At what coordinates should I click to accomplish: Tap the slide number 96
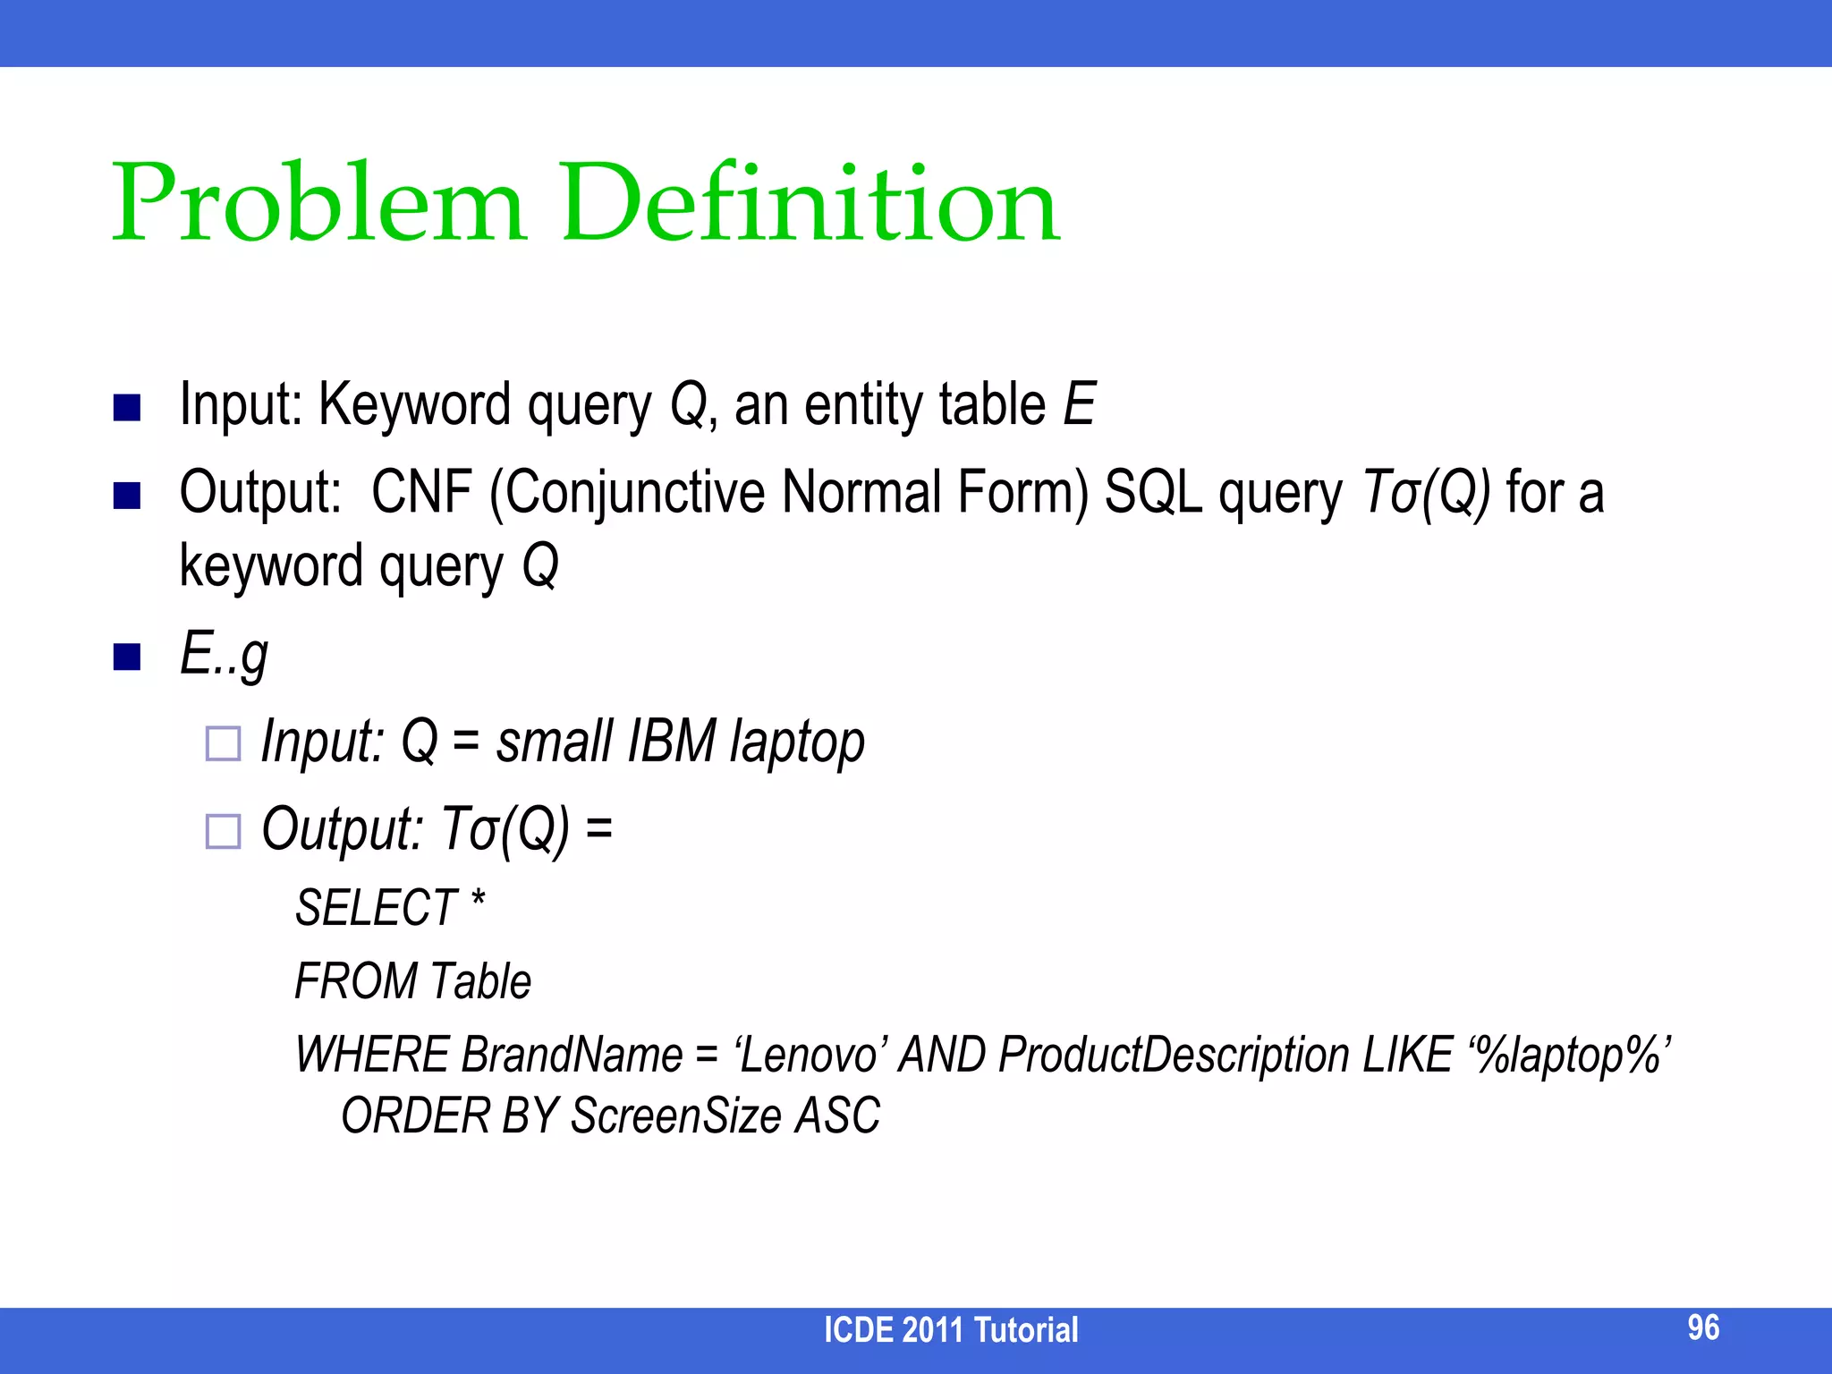pos(1703,1327)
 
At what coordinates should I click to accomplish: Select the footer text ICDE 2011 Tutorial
pos(951,1330)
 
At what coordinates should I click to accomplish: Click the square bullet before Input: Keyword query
pos(127,408)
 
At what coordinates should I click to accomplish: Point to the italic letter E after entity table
pos(1079,404)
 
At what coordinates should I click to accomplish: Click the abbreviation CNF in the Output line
pos(421,492)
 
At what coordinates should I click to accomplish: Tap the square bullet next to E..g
pos(127,657)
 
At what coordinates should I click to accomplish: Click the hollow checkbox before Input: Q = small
pos(223,744)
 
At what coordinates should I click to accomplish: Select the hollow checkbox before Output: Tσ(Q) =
pos(223,831)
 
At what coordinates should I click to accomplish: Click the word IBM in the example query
pos(671,742)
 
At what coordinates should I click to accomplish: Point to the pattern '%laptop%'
pos(1569,1056)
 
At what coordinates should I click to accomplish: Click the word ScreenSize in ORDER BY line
pos(676,1116)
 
